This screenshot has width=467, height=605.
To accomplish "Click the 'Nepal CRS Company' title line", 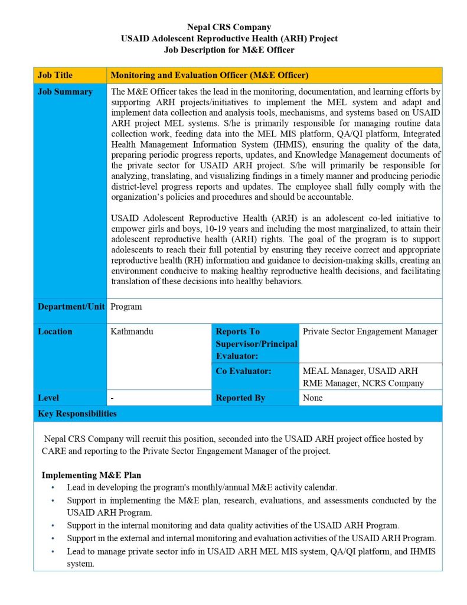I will click(x=229, y=27).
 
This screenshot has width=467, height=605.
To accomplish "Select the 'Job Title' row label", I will click(x=55, y=75).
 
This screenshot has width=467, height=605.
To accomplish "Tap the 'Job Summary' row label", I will click(x=65, y=92).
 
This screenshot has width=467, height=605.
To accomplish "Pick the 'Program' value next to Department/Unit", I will click(x=126, y=307).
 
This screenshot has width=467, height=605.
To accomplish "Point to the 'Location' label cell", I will click(x=55, y=331).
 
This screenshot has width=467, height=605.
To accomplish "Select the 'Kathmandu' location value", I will click(x=132, y=331).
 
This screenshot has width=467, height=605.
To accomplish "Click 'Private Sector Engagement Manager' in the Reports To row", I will click(x=370, y=331).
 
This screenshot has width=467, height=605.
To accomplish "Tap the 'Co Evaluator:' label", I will click(x=243, y=371).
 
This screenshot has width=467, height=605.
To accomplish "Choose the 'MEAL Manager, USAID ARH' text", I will click(x=360, y=371).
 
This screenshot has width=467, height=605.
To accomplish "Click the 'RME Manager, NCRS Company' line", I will click(x=363, y=383).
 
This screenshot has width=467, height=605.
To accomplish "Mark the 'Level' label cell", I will click(x=48, y=398).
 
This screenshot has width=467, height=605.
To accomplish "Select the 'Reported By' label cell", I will click(x=240, y=398).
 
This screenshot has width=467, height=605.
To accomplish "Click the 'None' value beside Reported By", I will click(x=312, y=398).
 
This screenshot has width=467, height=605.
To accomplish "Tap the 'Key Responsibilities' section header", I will click(x=77, y=414).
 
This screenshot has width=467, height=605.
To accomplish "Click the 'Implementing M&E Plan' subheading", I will click(x=92, y=475).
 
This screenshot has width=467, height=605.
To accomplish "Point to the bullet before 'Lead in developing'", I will click(x=53, y=487).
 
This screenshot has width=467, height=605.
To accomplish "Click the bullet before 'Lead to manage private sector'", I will click(x=53, y=551).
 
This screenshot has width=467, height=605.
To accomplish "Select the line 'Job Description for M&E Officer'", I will click(x=229, y=50).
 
